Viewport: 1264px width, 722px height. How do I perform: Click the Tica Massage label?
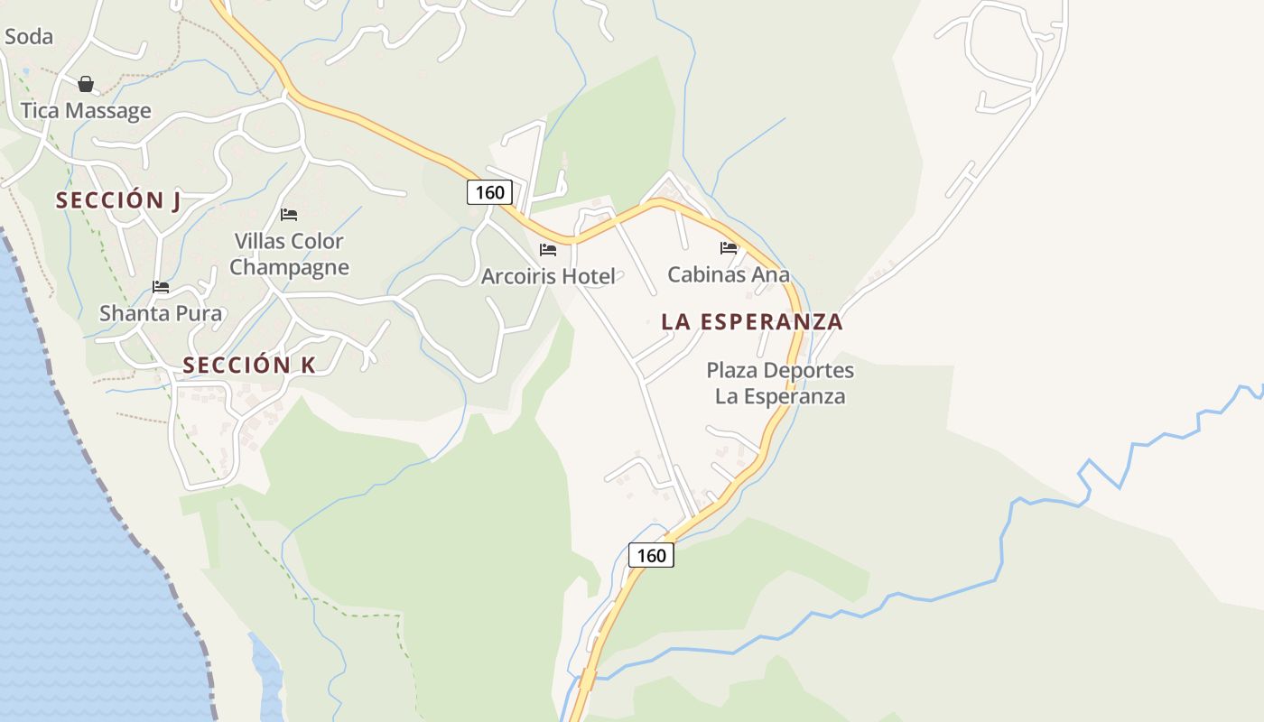pyautogui.click(x=86, y=111)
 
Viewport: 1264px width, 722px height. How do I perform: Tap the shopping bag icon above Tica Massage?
pyautogui.click(x=86, y=84)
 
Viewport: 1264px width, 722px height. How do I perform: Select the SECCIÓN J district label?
pyautogui.click(x=118, y=200)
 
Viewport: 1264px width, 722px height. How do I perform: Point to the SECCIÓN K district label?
pyautogui.click(x=249, y=366)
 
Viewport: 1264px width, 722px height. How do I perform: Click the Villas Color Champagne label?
pyautogui.click(x=289, y=255)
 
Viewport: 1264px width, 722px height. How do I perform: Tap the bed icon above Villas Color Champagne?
pyautogui.click(x=289, y=215)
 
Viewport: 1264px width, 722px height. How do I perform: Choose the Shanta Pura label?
pyautogui.click(x=161, y=313)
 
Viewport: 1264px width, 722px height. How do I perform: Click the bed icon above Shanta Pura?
pyautogui.click(x=161, y=288)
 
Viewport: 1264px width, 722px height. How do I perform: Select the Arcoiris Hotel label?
pyautogui.click(x=548, y=276)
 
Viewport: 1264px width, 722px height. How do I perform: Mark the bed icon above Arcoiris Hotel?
pyautogui.click(x=548, y=249)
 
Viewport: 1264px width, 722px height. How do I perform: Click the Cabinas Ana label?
pyautogui.click(x=729, y=274)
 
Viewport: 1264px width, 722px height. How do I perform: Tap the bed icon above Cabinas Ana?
pyautogui.click(x=729, y=248)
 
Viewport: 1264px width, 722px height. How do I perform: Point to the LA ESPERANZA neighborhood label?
pyautogui.click(x=752, y=321)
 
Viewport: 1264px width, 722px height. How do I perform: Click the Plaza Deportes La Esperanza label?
pyautogui.click(x=780, y=384)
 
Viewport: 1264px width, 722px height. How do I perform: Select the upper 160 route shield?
pyautogui.click(x=489, y=192)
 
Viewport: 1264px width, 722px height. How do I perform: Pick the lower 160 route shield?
pyautogui.click(x=651, y=555)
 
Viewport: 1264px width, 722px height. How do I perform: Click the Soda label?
pyautogui.click(x=29, y=37)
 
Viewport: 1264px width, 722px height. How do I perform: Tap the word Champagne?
pyautogui.click(x=289, y=268)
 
